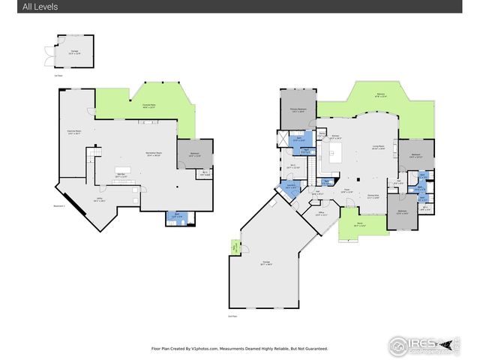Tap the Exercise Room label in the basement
pyautogui.click(x=74, y=132)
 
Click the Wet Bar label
pyautogui.click(x=120, y=175)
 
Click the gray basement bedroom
pyautogui.click(x=194, y=154)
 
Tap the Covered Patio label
pyautogui.click(x=148, y=105)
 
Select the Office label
pyautogui.click(x=322, y=214)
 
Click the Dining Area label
pyautogui.click(x=373, y=196)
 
